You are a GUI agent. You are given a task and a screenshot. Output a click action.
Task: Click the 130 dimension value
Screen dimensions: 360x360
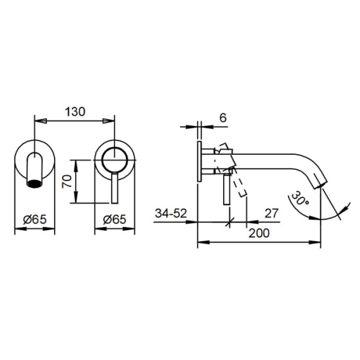pos(75,112)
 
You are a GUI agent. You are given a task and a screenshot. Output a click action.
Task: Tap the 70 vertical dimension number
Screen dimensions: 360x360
pos(67,181)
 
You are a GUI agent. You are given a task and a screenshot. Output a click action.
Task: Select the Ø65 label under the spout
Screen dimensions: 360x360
pos(35,220)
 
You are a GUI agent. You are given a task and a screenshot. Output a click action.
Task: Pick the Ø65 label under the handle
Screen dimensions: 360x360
pos(115,220)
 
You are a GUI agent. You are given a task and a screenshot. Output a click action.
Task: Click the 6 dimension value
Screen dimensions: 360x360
pos(223,118)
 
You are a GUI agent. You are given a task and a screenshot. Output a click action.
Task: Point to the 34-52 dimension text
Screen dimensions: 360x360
pos(171,213)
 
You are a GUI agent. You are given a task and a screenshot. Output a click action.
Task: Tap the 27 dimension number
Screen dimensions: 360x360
pos(271,213)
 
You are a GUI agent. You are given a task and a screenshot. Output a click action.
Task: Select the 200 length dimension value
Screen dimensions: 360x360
pos(259,233)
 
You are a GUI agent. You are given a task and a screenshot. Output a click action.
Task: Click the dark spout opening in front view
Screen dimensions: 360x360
pos(35,183)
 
